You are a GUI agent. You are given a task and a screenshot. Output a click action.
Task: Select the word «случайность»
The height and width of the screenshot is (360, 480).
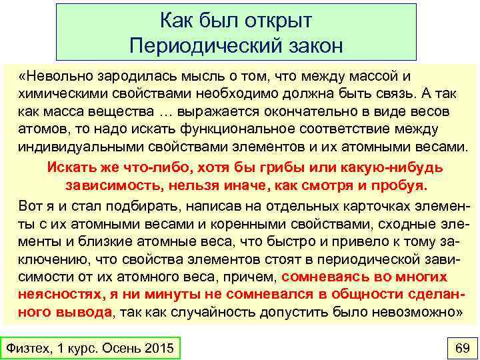[191, 312]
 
